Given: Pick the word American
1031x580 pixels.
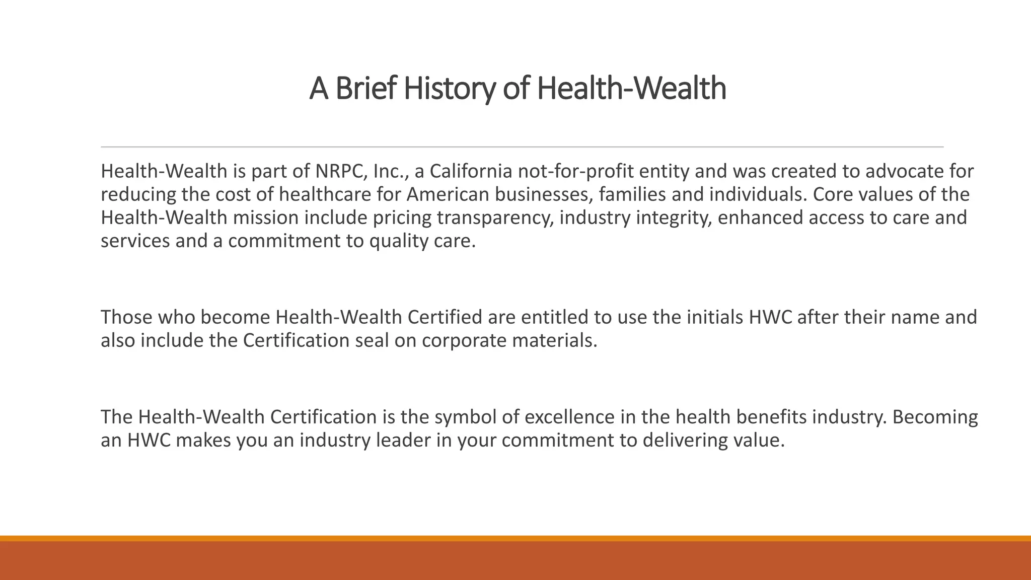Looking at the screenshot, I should (440, 195).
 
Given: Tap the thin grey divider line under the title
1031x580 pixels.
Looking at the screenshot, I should (522, 147).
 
